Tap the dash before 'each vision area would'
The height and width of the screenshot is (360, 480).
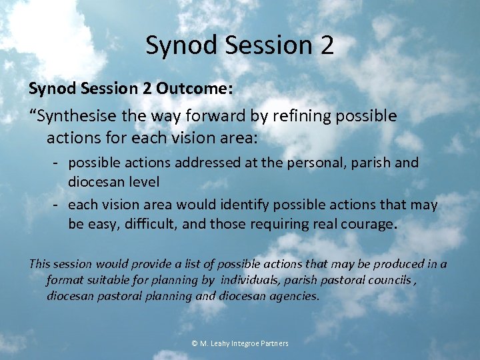point(58,205)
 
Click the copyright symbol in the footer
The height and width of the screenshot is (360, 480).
point(195,343)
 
